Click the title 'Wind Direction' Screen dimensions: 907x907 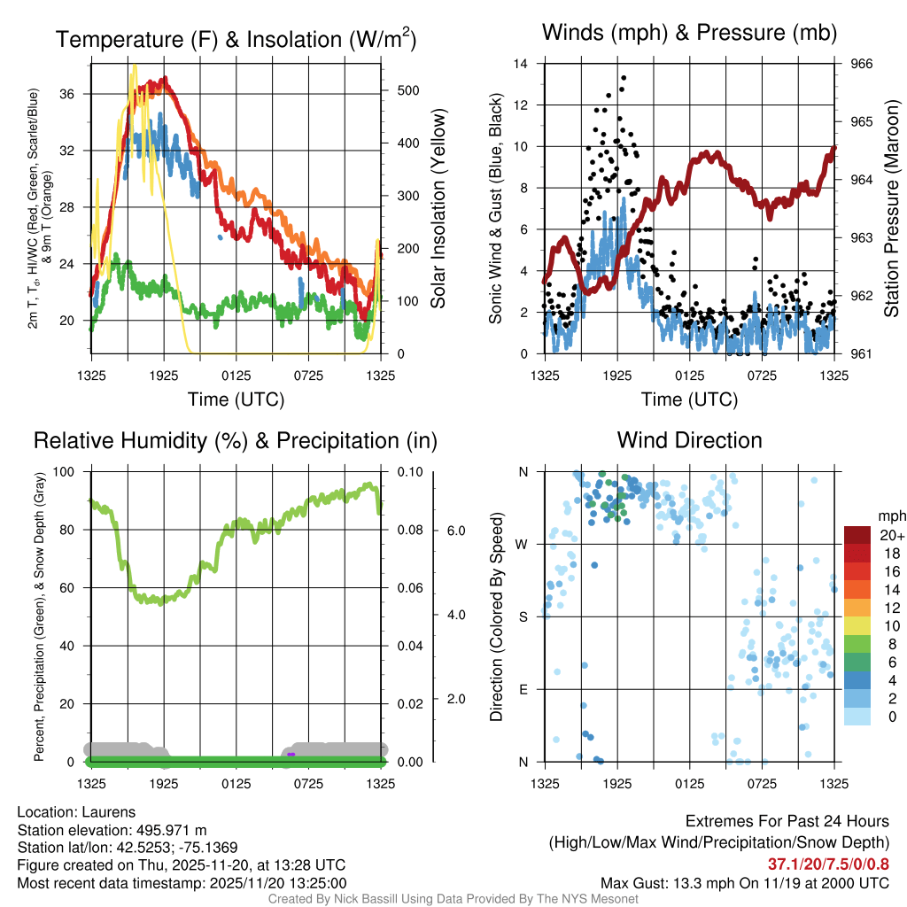(x=689, y=440)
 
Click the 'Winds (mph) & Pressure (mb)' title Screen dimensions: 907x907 (x=689, y=34)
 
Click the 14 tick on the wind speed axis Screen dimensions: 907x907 (x=521, y=64)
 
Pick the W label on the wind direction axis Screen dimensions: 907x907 (x=523, y=544)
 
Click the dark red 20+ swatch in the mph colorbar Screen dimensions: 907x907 (x=857, y=535)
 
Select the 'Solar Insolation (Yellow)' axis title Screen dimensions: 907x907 (x=438, y=208)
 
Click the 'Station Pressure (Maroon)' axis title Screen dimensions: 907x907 (x=892, y=208)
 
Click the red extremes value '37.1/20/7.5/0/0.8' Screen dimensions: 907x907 (x=828, y=864)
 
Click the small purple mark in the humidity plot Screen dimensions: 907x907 (x=291, y=754)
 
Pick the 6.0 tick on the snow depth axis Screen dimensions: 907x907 (x=455, y=531)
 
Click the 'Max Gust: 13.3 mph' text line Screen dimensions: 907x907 (x=744, y=882)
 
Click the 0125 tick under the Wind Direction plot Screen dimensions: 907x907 (x=689, y=783)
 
